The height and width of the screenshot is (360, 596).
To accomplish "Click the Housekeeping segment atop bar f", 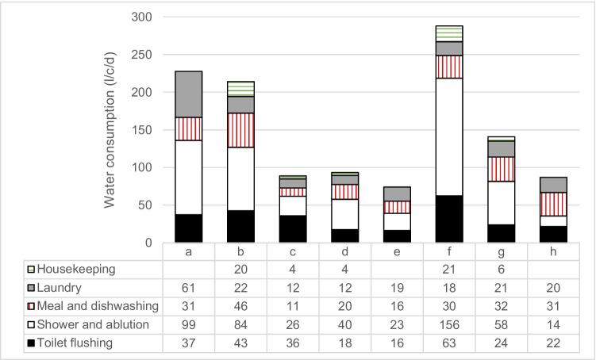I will click(448, 33).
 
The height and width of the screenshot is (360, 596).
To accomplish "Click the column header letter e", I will click(397, 251).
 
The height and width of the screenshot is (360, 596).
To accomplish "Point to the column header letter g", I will click(501, 251).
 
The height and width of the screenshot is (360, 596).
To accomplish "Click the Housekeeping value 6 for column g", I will click(501, 270).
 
